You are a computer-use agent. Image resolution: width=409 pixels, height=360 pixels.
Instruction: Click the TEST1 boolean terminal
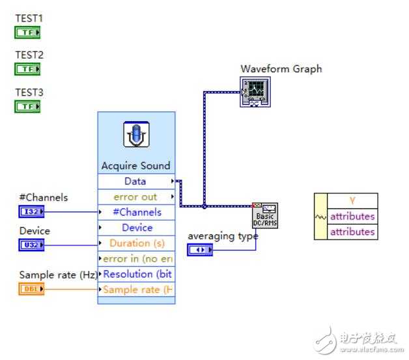coord(27,32)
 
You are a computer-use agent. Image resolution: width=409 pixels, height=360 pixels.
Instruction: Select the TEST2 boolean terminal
coord(27,69)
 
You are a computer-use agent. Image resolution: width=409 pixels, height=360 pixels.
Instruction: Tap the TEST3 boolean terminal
coord(27,106)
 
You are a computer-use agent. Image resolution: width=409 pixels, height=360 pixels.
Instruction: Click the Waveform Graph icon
coord(255,92)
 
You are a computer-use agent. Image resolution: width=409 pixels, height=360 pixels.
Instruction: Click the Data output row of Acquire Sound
coord(136,181)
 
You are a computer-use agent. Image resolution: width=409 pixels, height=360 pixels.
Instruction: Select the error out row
coord(136,197)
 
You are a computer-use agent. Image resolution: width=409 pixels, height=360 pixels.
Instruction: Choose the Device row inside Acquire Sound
coord(136,228)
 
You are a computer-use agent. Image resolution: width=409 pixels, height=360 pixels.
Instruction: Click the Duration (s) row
coord(136,243)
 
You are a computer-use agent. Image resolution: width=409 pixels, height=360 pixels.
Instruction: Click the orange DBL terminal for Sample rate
coord(31,288)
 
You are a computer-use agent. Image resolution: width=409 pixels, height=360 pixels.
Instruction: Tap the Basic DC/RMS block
coord(265,215)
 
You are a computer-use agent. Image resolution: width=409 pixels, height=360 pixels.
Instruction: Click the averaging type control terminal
coord(200,250)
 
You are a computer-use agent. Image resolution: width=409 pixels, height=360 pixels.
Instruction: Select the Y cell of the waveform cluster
coord(352,201)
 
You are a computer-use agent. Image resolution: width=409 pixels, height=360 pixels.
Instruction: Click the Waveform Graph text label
coord(281,69)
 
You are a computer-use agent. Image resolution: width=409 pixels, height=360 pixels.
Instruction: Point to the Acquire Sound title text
coord(136,165)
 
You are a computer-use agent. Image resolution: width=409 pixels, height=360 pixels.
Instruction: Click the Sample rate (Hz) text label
coord(58,275)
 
